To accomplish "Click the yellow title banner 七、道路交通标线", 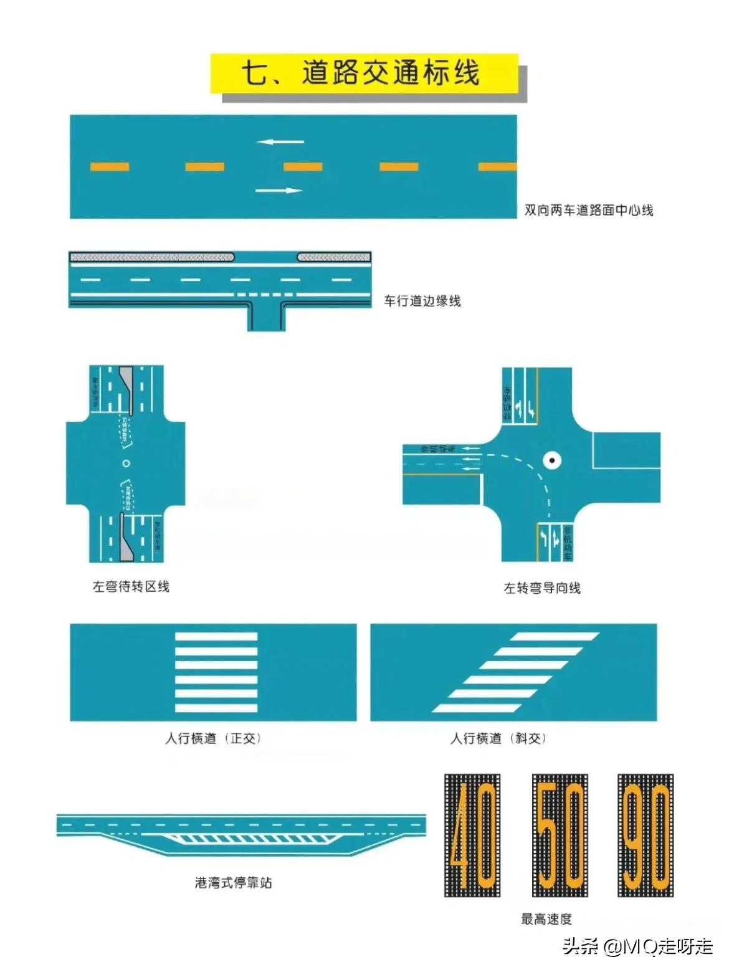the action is pyautogui.click(x=364, y=73).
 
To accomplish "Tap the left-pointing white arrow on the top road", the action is pyautogui.click(x=280, y=142).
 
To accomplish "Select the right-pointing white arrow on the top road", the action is pyautogui.click(x=279, y=190).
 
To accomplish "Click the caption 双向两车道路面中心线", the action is pyautogui.click(x=588, y=210).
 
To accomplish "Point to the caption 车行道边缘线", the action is pyautogui.click(x=422, y=301).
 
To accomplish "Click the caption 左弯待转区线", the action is pyautogui.click(x=131, y=586).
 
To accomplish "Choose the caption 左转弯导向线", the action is pyautogui.click(x=541, y=588).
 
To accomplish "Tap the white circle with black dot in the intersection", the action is pyautogui.click(x=552, y=460).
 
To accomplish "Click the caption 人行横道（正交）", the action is pyautogui.click(x=212, y=738).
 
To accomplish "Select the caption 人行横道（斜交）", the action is pyautogui.click(x=498, y=738).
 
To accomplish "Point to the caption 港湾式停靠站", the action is pyautogui.click(x=233, y=882).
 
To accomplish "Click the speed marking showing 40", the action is pyautogui.click(x=472, y=835).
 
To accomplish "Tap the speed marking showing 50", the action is pyautogui.click(x=560, y=835).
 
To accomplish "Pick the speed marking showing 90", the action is pyautogui.click(x=646, y=835).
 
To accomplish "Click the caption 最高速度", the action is pyautogui.click(x=546, y=918).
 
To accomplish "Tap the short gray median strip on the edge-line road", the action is pyautogui.click(x=333, y=257).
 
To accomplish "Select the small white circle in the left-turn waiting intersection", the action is pyautogui.click(x=126, y=464).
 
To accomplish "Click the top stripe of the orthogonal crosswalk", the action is pyautogui.click(x=216, y=637).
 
